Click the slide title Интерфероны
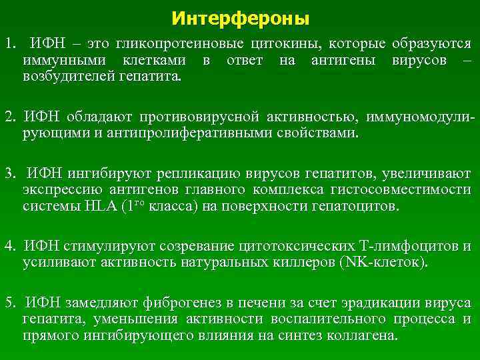click(240, 18)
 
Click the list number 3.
click(9, 175)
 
